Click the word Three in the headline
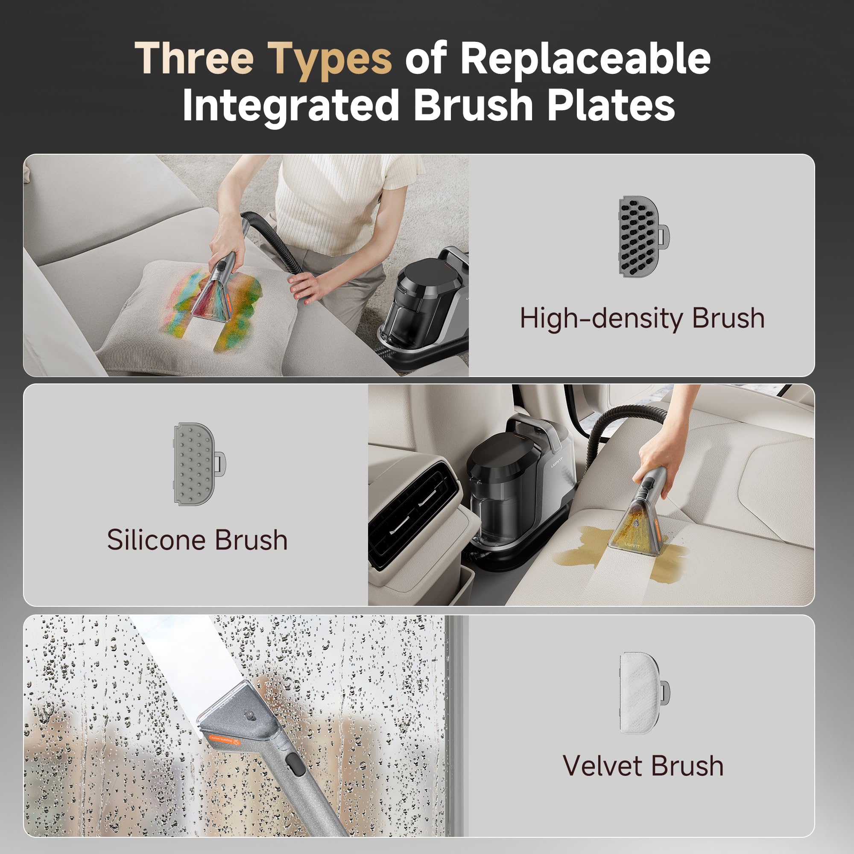point(194,58)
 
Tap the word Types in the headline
point(330,61)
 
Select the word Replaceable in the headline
point(586,58)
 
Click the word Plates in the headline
point(611,105)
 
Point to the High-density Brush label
point(642,319)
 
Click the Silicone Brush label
point(197,540)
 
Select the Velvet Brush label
point(643,765)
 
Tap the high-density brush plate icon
point(643,237)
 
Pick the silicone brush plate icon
point(199,464)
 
